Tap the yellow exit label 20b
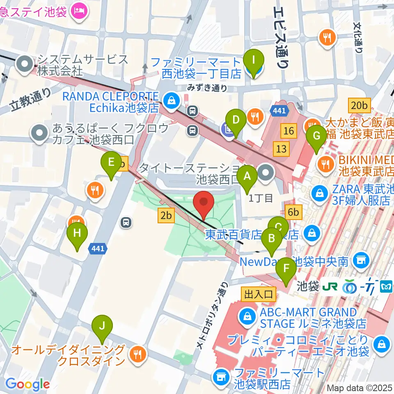tap(359, 105)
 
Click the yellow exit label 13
tap(281, 149)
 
